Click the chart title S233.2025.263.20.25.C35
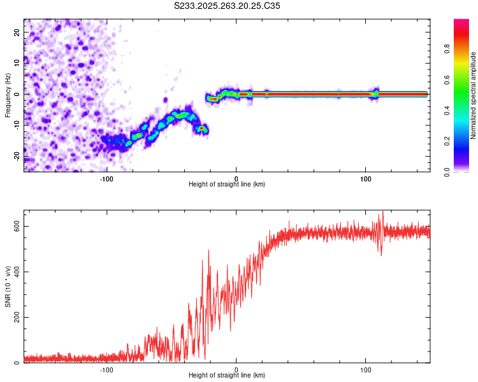(227, 5)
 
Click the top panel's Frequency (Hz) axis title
(8, 95)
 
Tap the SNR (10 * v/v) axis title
(8, 286)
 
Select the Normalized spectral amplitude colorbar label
(473, 95)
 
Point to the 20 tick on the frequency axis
(17, 31)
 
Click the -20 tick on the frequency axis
(16, 156)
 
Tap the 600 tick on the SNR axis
(15, 226)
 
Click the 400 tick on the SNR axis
(15, 272)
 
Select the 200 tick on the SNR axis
(15, 317)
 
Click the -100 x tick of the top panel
(106, 178)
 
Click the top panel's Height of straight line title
(227, 185)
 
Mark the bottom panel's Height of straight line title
(227, 376)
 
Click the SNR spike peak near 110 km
(382, 212)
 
